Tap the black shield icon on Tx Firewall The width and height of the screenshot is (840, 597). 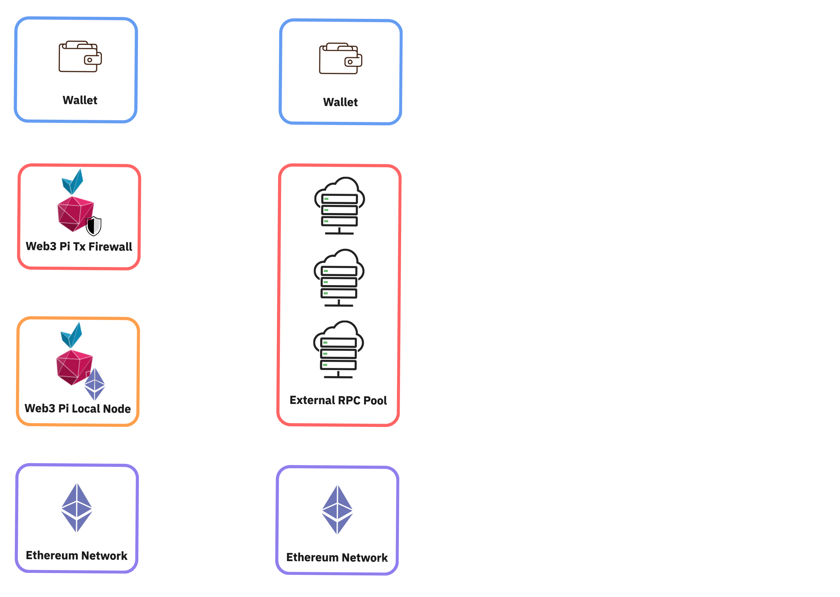pos(93,226)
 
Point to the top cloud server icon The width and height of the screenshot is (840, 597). pos(339,206)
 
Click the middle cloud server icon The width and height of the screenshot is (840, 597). pos(339,277)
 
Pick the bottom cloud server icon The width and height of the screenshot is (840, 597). pos(338,349)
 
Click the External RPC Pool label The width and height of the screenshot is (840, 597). pos(338,400)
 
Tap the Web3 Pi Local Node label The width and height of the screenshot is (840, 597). pos(78,408)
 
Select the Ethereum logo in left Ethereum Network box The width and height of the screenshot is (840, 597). pos(77,508)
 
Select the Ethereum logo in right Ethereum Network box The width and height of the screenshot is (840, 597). pos(337,510)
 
